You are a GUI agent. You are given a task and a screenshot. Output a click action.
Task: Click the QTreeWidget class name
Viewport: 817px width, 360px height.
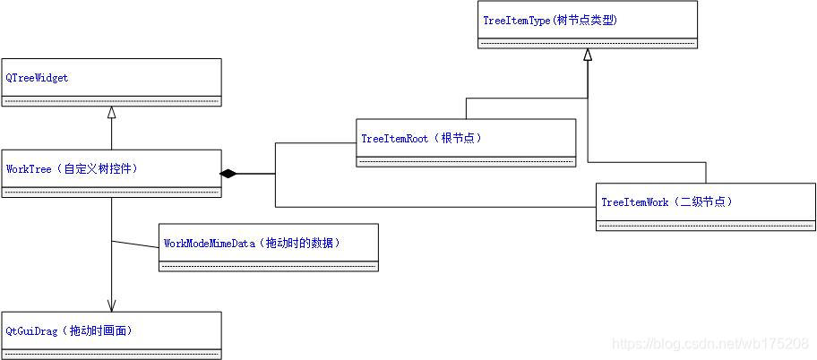(x=37, y=78)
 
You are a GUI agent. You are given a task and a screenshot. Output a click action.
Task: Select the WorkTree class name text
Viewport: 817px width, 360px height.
(x=28, y=168)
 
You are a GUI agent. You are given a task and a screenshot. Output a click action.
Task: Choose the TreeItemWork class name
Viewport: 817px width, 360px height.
(x=635, y=202)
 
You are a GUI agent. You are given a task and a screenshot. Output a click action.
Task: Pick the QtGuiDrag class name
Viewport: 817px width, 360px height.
(x=31, y=330)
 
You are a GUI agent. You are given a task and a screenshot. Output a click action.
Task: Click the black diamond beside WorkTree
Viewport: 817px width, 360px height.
(x=228, y=173)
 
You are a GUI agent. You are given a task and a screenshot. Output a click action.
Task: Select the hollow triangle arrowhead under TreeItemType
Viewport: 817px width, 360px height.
(x=588, y=55)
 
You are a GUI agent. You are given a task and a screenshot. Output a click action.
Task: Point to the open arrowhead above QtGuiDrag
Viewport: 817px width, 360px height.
(x=111, y=304)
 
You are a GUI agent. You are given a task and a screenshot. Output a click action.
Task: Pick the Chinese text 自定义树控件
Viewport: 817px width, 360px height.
(x=102, y=168)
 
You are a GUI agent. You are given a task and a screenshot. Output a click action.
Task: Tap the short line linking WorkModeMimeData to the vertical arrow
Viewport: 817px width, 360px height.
(x=134, y=244)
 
